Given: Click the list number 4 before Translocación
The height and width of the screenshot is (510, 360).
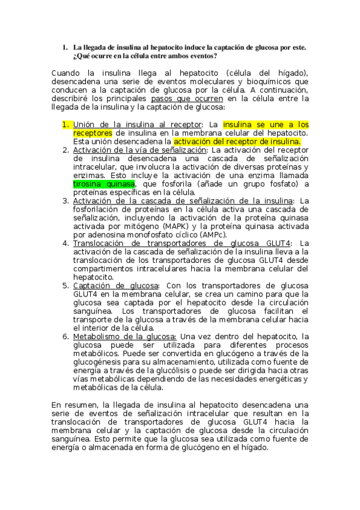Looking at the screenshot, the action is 66,243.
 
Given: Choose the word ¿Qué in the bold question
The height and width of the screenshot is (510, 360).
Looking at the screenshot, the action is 81,55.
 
